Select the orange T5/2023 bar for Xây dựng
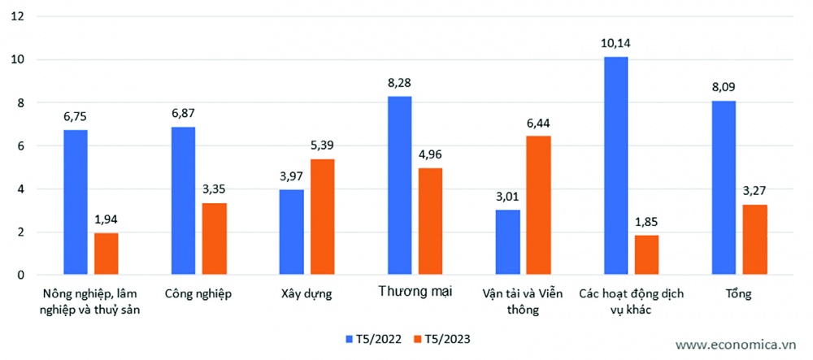tap(322, 217)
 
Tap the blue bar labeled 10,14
tap(615, 166)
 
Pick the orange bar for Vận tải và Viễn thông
tap(538, 206)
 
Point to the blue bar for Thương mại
tap(399, 186)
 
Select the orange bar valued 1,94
tap(106, 254)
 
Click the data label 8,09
tap(724, 85)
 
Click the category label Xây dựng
tap(307, 293)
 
